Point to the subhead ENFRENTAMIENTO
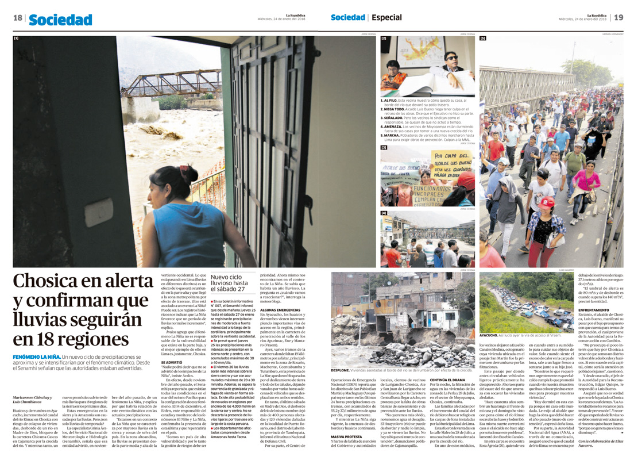coord(595,308)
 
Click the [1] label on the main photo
coord(17,38)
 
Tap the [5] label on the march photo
coord(483,38)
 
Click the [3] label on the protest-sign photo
coord(384,148)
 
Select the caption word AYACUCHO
coord(493,334)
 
